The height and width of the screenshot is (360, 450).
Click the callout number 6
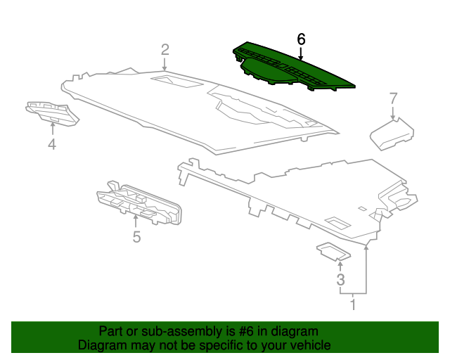click(x=301, y=39)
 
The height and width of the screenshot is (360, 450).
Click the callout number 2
click(x=165, y=49)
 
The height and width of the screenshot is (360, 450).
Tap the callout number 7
click(x=393, y=98)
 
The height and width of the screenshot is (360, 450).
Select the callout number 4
click(x=51, y=145)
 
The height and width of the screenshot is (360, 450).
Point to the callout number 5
click(x=136, y=237)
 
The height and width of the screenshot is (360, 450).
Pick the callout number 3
click(x=340, y=280)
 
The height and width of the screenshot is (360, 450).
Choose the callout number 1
click(x=353, y=304)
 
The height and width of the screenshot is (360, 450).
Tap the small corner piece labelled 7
click(x=391, y=134)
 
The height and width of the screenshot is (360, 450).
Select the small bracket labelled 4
click(x=52, y=112)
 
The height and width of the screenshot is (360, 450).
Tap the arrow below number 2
click(x=165, y=64)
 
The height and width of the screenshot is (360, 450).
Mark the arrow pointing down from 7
click(x=393, y=112)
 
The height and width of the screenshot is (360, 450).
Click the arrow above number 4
click(x=52, y=129)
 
